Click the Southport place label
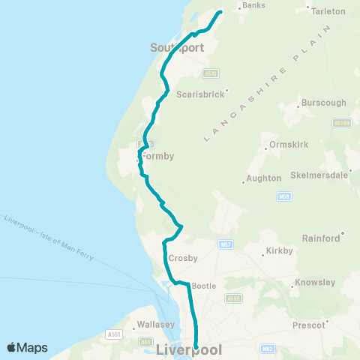point(173,47)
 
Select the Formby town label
point(158,156)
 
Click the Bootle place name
point(204,286)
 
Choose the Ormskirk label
point(283,145)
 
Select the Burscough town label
point(323,102)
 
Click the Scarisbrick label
point(196,94)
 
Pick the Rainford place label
point(321,238)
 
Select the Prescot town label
point(310,325)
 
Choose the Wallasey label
point(156,325)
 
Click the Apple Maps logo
point(27,347)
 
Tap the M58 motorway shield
point(283,197)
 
